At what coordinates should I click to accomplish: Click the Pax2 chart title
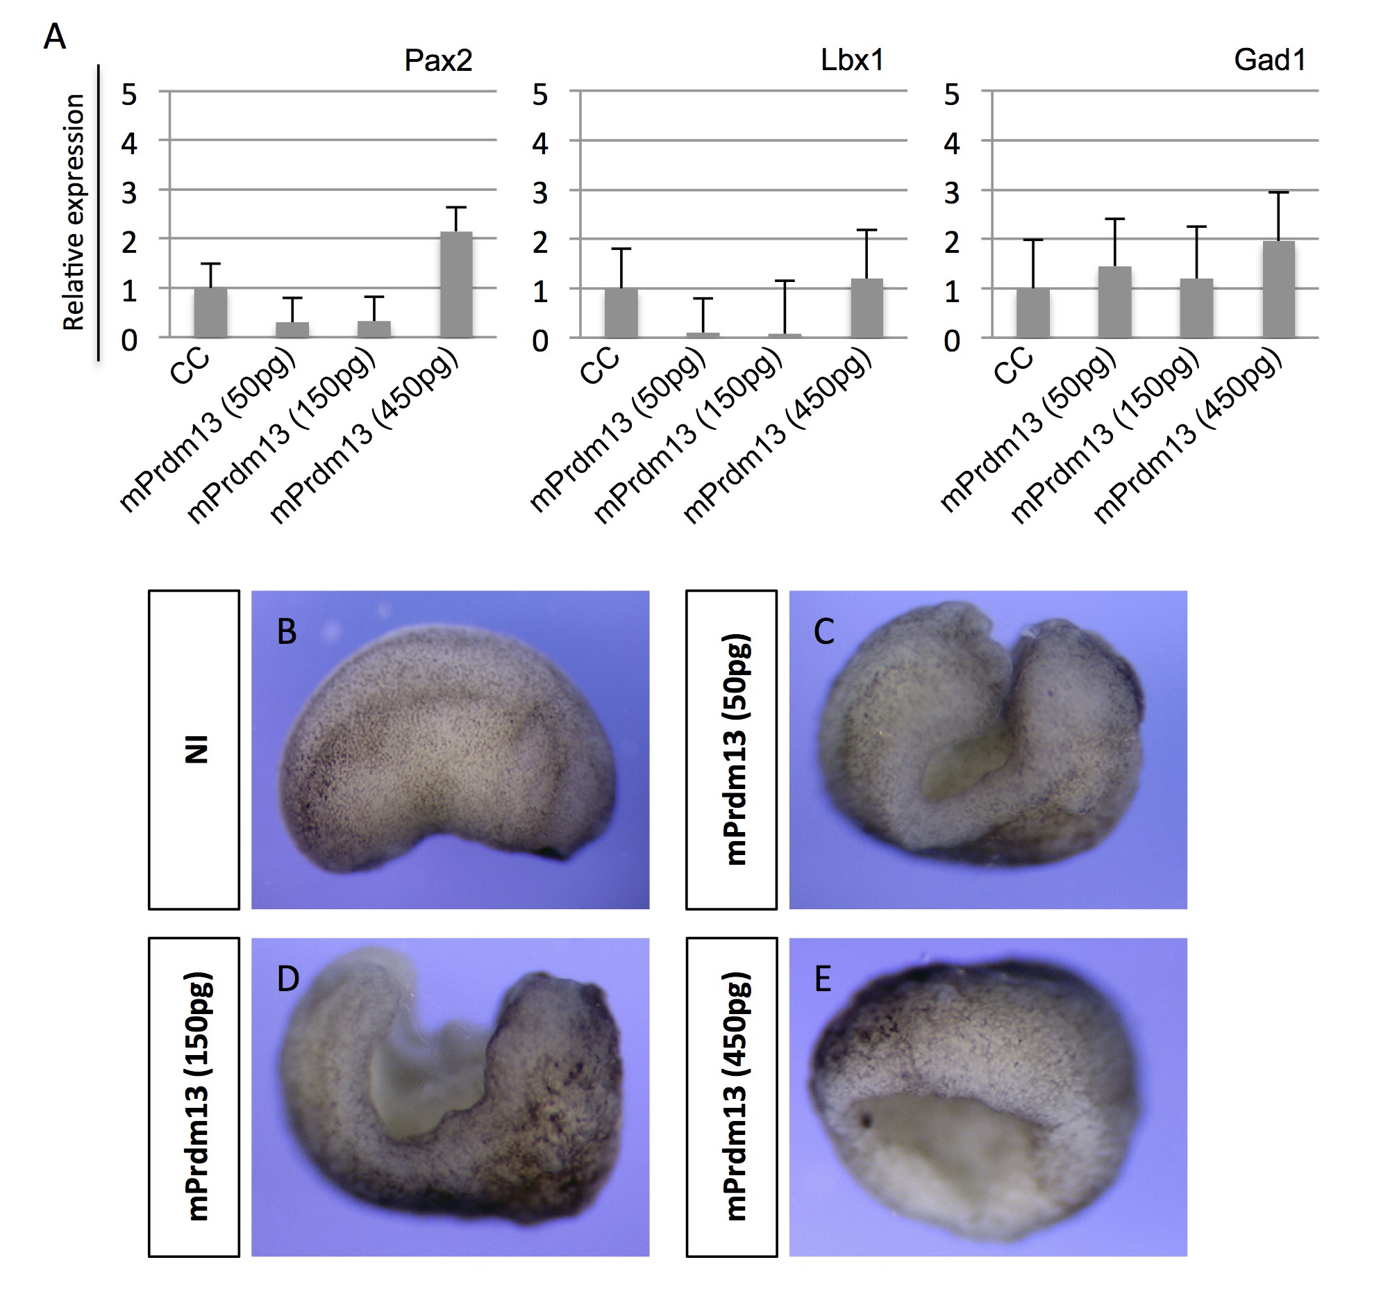[x=437, y=61]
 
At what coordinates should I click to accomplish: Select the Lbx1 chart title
[x=852, y=61]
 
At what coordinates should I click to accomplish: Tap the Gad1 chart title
[x=1270, y=61]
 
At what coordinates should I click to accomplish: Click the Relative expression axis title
[x=74, y=212]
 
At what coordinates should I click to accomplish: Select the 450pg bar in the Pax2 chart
[x=455, y=285]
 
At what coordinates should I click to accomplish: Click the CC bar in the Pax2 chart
[x=210, y=312]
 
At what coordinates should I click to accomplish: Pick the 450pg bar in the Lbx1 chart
[x=867, y=308]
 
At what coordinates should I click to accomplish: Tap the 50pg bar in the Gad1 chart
[x=1114, y=301]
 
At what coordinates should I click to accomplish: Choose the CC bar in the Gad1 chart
[x=1032, y=312]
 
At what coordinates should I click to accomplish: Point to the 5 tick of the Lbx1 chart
[x=539, y=94]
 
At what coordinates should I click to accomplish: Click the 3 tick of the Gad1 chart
[x=951, y=193]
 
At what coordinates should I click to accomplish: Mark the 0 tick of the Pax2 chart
[x=129, y=340]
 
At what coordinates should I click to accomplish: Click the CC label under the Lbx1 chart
[x=599, y=366]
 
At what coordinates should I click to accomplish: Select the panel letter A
[x=55, y=37]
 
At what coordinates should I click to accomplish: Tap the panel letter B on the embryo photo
[x=287, y=631]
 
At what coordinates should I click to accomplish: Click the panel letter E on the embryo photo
[x=823, y=979]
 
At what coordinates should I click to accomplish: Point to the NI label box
[x=194, y=750]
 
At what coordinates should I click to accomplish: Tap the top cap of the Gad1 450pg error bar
[x=1278, y=192]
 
